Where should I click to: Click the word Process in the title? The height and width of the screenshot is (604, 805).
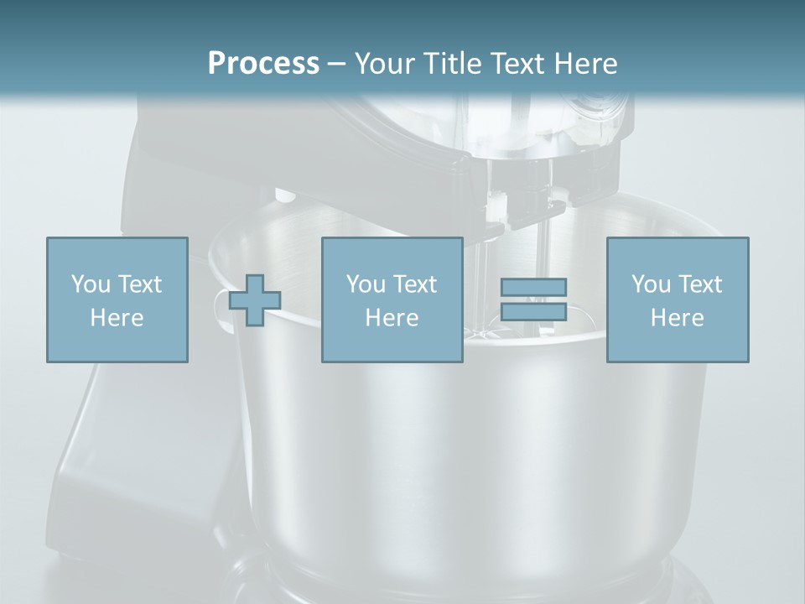point(263,63)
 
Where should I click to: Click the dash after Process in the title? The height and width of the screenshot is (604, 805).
point(336,64)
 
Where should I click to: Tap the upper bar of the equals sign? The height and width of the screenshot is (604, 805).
point(533,287)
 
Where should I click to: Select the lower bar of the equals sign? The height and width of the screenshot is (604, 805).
point(533,312)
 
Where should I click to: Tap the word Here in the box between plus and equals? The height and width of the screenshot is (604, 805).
point(392,318)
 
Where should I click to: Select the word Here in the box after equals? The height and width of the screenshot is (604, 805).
point(677,318)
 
